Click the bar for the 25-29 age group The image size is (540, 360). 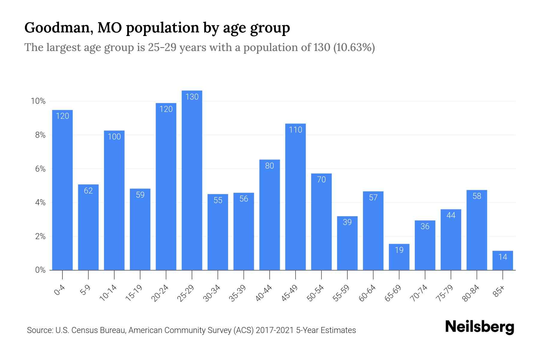click(192, 180)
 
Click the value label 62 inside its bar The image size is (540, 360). click(88, 191)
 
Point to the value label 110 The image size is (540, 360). click(295, 130)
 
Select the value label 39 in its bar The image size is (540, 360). click(347, 222)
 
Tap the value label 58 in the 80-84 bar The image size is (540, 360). click(477, 196)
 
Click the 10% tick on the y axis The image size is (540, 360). click(38, 101)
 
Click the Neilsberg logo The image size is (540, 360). click(479, 327)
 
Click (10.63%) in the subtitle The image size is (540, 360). click(354, 47)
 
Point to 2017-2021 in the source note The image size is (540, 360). click(275, 330)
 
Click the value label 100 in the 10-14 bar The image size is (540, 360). click(114, 137)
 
